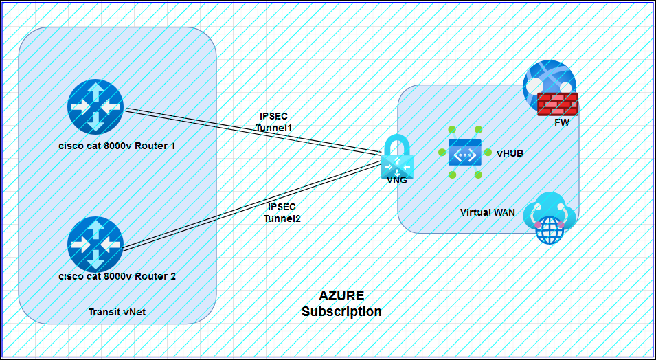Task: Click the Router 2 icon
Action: (95, 244)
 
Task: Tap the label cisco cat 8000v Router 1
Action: (117, 146)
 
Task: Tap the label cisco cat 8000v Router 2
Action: (117, 276)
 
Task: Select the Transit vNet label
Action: (117, 312)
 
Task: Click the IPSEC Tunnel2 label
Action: (282, 212)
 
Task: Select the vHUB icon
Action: (466, 153)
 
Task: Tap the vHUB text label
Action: (510, 153)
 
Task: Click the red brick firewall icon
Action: (558, 104)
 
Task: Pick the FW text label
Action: (562, 122)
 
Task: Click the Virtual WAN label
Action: (487, 212)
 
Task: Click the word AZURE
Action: (341, 295)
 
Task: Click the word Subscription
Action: (341, 311)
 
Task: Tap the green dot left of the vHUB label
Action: (486, 153)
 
